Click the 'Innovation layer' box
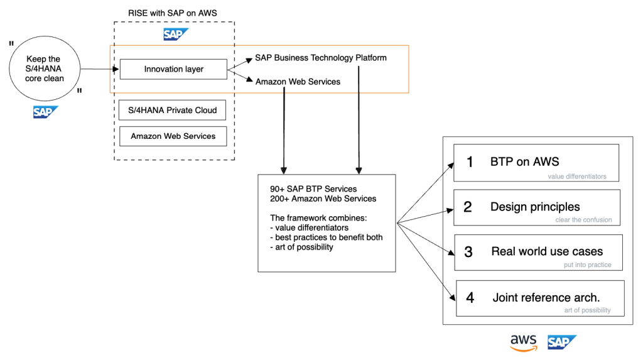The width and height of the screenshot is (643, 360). click(173, 69)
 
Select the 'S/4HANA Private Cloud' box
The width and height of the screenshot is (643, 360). click(173, 111)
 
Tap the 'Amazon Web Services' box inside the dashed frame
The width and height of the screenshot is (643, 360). click(173, 136)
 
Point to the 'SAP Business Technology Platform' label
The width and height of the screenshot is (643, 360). click(320, 58)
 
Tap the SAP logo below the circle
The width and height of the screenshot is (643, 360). click(45, 113)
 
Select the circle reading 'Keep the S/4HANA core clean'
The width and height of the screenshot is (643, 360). click(43, 69)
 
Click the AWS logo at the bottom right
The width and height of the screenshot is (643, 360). click(523, 342)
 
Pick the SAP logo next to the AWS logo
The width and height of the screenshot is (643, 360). click(561, 342)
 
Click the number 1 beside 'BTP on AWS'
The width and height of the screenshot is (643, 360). click(469, 162)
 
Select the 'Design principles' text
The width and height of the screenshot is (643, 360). click(535, 207)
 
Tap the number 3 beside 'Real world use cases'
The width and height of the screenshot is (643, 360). click(468, 252)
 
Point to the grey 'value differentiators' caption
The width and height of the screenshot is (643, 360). click(577, 177)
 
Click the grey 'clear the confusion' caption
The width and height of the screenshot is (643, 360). click(583, 220)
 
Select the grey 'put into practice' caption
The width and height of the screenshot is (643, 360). click(587, 265)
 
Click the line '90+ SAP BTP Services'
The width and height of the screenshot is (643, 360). click(313, 189)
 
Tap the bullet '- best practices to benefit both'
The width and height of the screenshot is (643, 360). click(325, 237)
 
